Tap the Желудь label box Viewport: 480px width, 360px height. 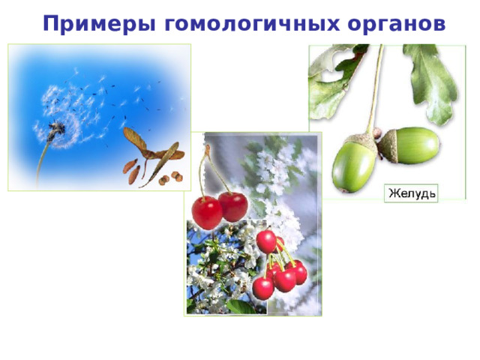(412, 193)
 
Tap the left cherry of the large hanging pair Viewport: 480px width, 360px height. (206, 211)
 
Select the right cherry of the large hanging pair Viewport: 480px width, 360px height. (233, 206)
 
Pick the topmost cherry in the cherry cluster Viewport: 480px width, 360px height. (266, 241)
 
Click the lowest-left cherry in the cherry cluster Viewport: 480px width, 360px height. (262, 287)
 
